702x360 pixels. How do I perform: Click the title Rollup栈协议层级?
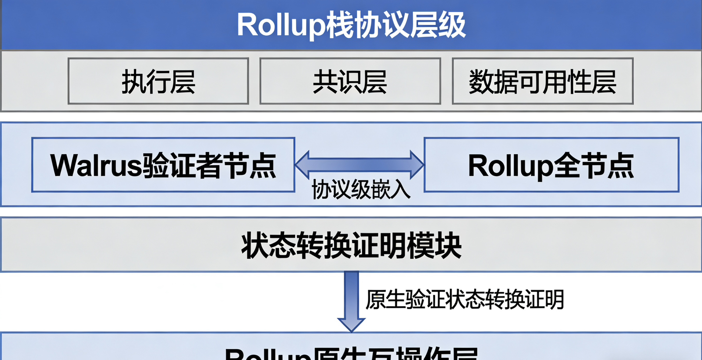point(351,25)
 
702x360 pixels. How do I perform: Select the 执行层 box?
point(158,81)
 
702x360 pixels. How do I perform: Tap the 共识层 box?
point(350,81)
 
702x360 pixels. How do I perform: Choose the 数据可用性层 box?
point(542,81)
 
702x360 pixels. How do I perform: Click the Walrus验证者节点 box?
point(163,165)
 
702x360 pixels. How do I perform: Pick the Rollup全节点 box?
point(551,165)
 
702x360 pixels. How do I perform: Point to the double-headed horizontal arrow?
point(359,165)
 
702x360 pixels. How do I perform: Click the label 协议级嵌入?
point(361,190)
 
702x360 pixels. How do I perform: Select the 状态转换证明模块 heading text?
point(351,245)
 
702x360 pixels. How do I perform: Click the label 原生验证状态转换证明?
point(465,300)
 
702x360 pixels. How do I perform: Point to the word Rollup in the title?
point(281,25)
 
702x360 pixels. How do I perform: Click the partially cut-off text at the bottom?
point(351,353)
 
